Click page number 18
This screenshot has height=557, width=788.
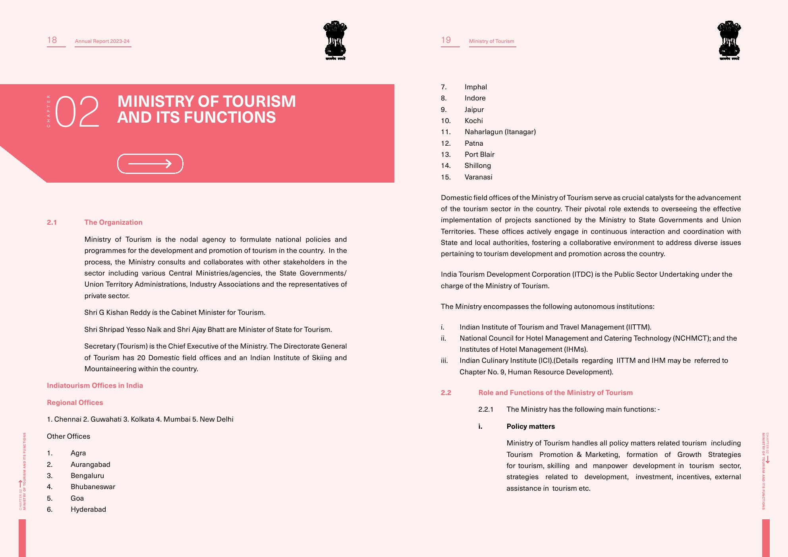(52, 40)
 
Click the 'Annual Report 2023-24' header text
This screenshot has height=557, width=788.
(102, 41)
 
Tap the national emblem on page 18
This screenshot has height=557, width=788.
(335, 40)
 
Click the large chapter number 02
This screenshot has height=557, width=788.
(77, 112)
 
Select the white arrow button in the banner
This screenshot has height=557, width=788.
(150, 164)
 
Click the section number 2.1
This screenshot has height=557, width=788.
(52, 222)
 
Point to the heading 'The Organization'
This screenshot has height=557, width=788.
(113, 222)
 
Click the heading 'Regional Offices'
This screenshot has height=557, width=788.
(75, 403)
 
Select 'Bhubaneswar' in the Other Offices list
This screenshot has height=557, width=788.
(93, 487)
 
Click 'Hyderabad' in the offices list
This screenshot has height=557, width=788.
(88, 509)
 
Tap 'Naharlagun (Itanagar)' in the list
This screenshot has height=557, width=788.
(500, 132)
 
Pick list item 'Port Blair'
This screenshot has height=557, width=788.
(479, 154)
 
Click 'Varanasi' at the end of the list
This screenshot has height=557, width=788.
(478, 177)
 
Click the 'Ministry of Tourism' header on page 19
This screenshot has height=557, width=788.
(491, 41)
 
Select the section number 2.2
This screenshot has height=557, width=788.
(446, 393)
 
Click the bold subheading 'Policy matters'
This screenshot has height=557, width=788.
(531, 426)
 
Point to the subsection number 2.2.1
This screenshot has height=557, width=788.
(486, 409)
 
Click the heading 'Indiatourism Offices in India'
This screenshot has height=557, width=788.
(95, 385)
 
